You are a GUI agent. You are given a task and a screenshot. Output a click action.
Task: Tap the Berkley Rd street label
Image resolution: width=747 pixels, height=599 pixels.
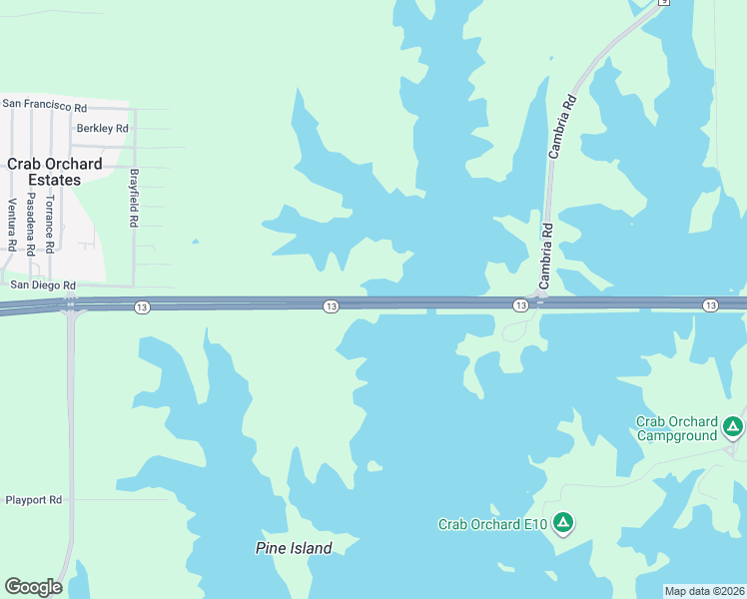(x=103, y=129)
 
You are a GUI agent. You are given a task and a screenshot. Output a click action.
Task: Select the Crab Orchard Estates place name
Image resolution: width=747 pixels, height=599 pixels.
(x=54, y=172)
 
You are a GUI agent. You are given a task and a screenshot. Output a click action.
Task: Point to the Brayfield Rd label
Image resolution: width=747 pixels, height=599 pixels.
(x=133, y=197)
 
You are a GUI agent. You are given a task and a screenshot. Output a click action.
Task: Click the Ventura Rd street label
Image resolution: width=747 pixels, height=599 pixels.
(x=12, y=225)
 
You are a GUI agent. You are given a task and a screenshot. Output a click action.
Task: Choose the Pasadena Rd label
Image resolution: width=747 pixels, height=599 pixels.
(x=31, y=225)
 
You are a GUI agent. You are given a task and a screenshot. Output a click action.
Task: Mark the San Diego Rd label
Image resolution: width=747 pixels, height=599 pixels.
(x=43, y=285)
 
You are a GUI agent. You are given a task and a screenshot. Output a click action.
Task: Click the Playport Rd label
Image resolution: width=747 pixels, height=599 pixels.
(x=34, y=499)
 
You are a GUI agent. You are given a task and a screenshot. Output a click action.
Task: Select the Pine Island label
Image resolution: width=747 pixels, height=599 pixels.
(x=294, y=548)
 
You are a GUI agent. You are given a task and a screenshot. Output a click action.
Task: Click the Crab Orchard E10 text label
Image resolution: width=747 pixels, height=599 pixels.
(x=493, y=524)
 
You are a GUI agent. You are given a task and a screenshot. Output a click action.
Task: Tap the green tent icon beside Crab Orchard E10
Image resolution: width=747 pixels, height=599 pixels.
(x=563, y=522)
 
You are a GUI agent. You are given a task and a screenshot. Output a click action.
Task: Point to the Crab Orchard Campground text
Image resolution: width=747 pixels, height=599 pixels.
(x=677, y=428)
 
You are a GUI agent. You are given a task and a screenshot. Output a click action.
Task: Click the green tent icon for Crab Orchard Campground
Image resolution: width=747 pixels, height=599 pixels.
(x=733, y=427)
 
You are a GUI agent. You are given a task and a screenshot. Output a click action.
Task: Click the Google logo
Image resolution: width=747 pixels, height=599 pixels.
(x=33, y=587)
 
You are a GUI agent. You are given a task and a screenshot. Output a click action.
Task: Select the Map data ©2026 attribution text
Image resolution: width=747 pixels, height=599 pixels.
(x=704, y=591)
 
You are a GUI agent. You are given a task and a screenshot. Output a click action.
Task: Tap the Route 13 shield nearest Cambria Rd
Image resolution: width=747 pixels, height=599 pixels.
(x=520, y=304)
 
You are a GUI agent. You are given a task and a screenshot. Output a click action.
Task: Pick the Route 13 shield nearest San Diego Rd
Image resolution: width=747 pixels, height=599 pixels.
(x=142, y=307)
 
